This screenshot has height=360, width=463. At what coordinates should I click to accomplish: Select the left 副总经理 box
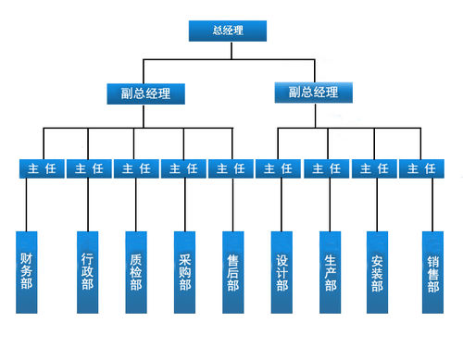(144, 93)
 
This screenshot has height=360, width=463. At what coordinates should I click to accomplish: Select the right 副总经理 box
(314, 93)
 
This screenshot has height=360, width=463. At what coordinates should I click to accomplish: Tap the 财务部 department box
(27, 271)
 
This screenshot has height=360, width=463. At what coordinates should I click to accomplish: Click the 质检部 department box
(136, 271)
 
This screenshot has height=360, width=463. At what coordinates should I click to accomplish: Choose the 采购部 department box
(184, 271)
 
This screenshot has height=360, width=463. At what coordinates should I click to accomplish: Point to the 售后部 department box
(233, 271)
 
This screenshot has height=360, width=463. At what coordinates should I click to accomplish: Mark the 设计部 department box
(282, 271)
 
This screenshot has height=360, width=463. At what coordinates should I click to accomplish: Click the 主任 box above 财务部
(41, 168)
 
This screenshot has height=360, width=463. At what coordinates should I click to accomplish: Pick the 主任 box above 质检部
(136, 168)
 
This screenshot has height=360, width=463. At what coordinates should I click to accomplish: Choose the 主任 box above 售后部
(231, 168)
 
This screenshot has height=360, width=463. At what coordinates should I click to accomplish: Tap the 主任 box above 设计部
(279, 168)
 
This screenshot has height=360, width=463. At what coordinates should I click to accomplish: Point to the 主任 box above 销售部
(421, 168)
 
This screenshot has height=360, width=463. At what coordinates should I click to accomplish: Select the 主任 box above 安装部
(374, 168)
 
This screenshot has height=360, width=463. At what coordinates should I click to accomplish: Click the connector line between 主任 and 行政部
(88, 204)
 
